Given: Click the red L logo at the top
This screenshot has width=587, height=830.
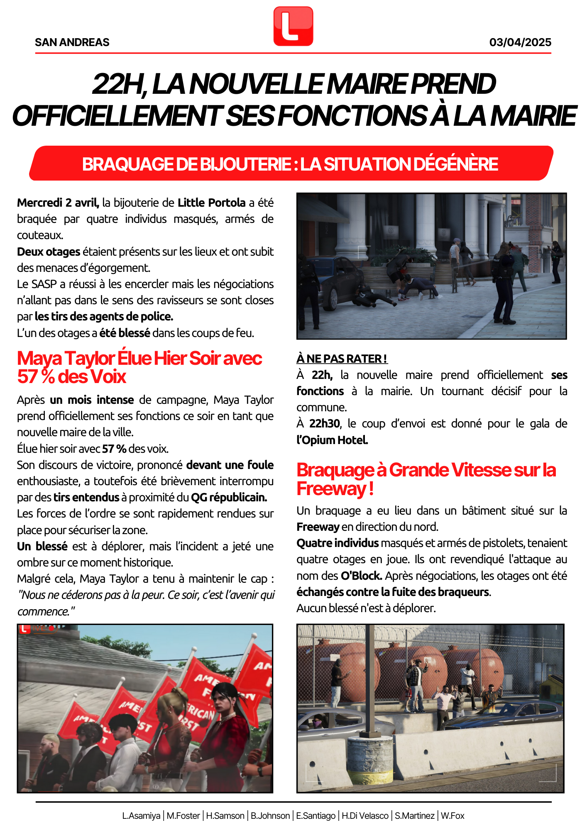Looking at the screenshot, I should pyautogui.click(x=293, y=26).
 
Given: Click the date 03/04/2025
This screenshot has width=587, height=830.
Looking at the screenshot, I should pyautogui.click(x=520, y=42).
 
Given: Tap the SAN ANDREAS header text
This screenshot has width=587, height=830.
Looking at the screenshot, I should pyautogui.click(x=72, y=42).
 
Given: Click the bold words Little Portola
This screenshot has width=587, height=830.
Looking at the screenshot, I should pyautogui.click(x=211, y=203).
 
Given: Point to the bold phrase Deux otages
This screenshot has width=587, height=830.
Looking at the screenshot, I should pyautogui.click(x=49, y=252).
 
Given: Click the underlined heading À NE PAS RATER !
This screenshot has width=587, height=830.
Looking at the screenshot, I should pyautogui.click(x=342, y=359).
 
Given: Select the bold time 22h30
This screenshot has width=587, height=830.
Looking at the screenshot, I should pyautogui.click(x=325, y=424).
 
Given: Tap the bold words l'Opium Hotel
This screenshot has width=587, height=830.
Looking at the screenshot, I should pyautogui.click(x=332, y=440).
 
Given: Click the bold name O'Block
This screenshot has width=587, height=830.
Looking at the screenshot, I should pyautogui.click(x=361, y=576).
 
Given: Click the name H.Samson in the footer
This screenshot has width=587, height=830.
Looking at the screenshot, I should pyautogui.click(x=225, y=816).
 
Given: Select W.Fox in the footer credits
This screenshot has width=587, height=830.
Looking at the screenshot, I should pyautogui.click(x=452, y=816).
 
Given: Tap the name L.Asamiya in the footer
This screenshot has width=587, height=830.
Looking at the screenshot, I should pyautogui.click(x=141, y=816).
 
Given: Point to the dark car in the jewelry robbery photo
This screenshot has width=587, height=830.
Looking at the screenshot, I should pyautogui.click(x=332, y=282).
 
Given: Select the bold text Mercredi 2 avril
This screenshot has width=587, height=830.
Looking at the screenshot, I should pyautogui.click(x=58, y=203).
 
